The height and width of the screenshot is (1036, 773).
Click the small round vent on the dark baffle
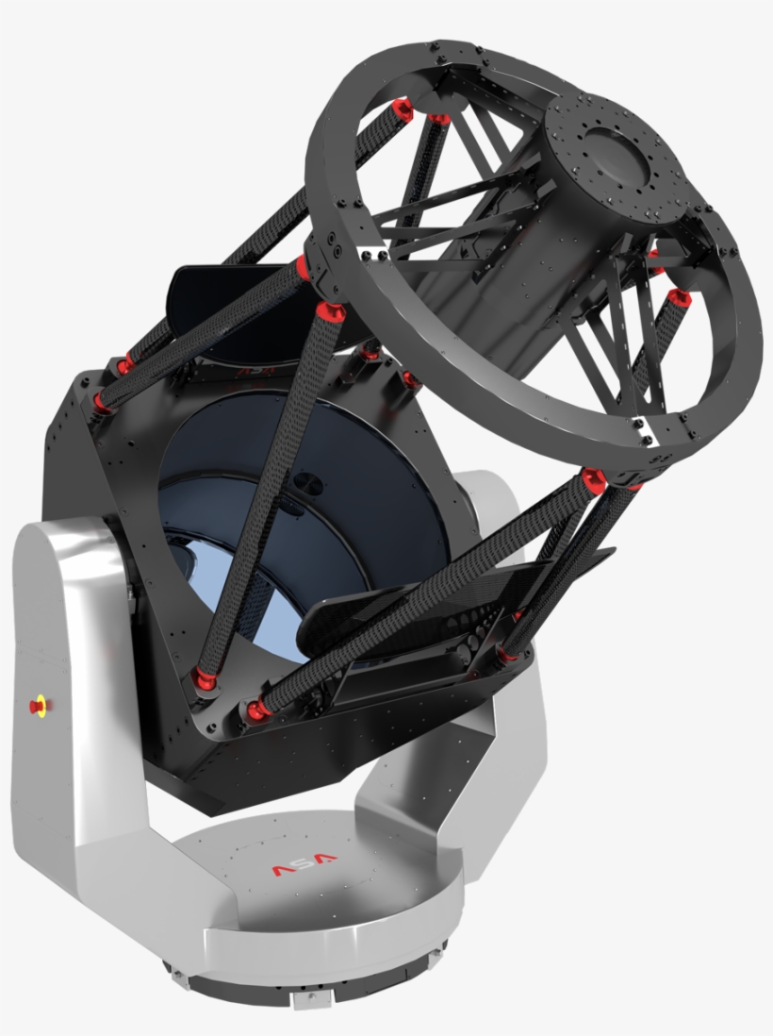pos(304,480)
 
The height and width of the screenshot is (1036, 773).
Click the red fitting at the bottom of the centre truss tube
pos(204,677)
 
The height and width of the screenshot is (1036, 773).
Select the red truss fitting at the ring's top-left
pos(403,112)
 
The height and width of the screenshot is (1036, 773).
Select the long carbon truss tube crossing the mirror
pos(269,491)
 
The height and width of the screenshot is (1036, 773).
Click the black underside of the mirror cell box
pos(311,764)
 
